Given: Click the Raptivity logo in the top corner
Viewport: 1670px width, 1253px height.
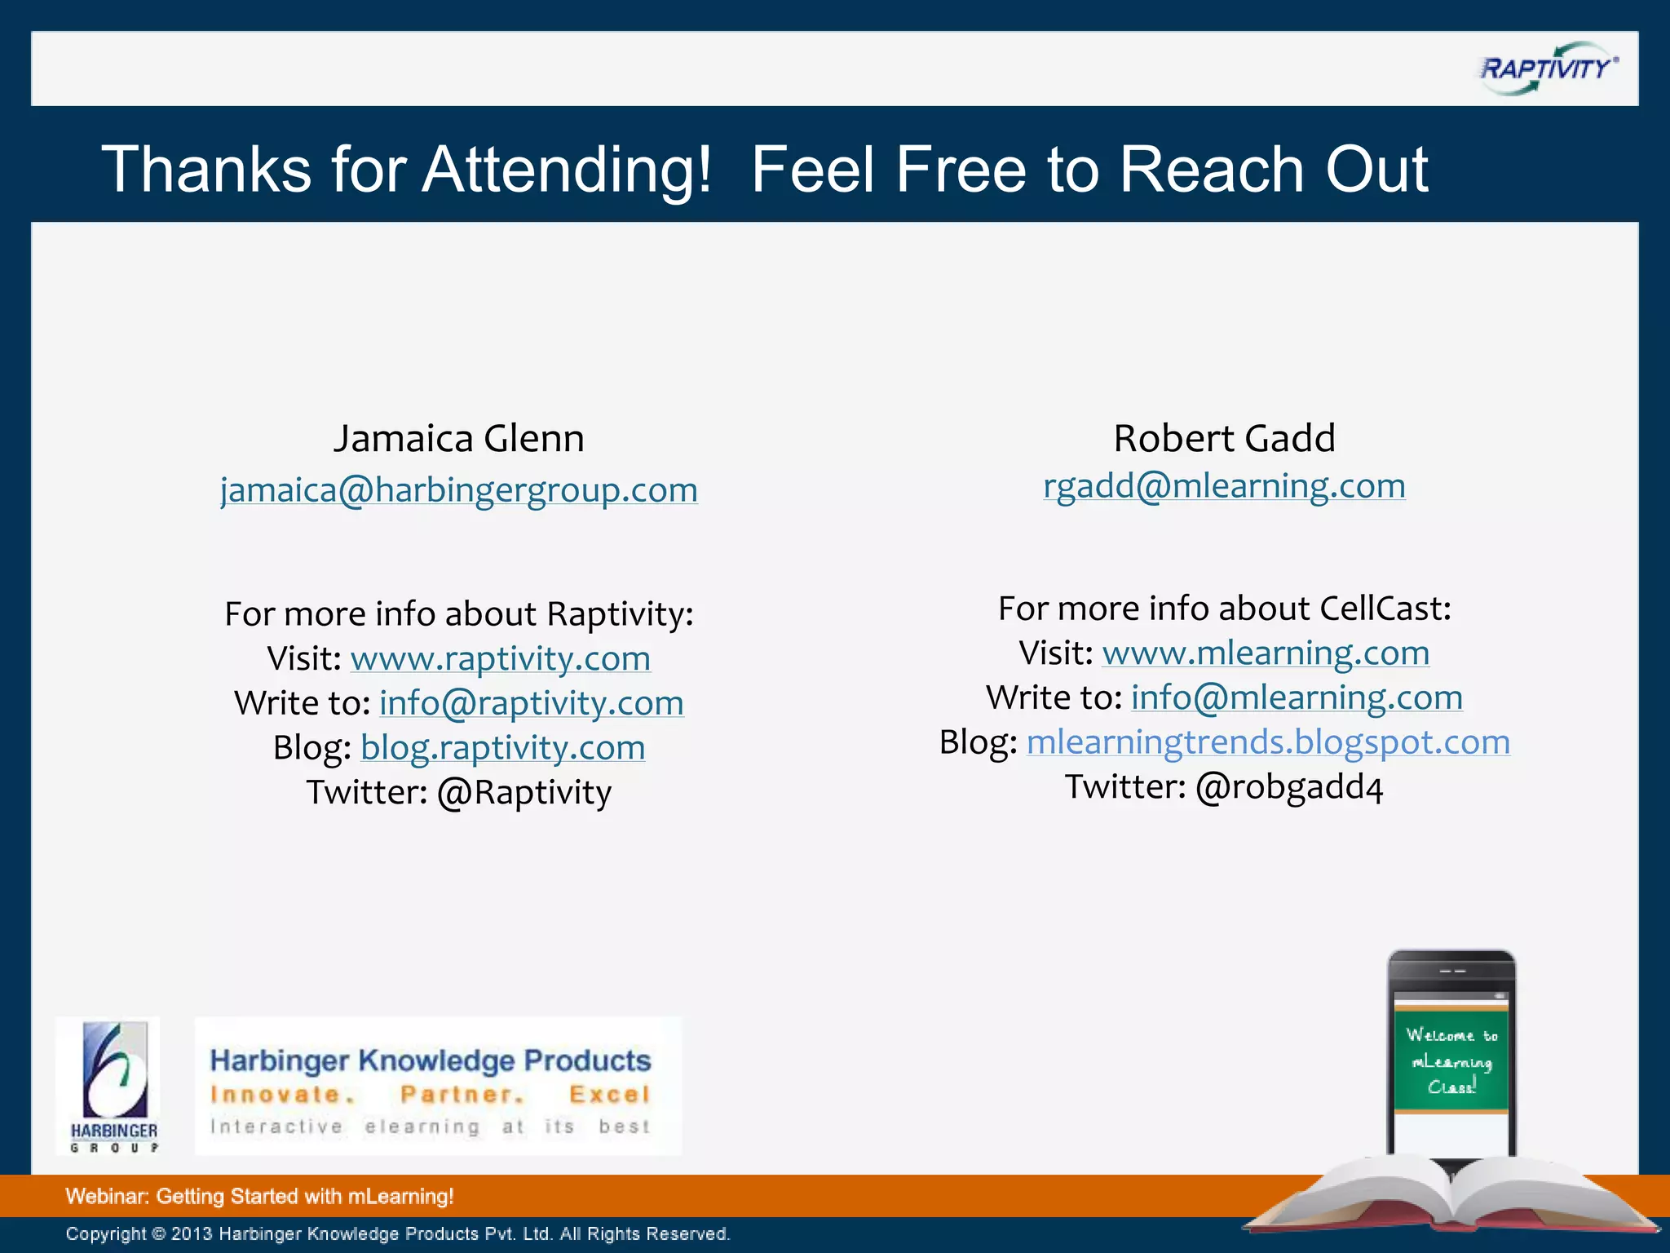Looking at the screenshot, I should pyautogui.click(x=1547, y=69).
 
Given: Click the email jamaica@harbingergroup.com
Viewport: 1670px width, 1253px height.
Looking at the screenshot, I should pyautogui.click(x=459, y=490).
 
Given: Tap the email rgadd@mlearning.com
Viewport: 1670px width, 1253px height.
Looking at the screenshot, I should pyautogui.click(x=1224, y=486).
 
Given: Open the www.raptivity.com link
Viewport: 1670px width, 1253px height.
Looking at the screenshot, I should pyautogui.click(x=501, y=658).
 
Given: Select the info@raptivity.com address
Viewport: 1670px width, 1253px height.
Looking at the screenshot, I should pyautogui.click(x=532, y=703).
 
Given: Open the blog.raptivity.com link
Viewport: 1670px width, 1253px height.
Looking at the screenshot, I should pyautogui.click(x=503, y=748).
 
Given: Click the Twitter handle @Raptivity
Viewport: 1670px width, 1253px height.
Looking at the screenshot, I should pyautogui.click(x=524, y=793).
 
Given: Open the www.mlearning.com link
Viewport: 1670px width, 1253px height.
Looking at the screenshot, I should pyautogui.click(x=1266, y=653).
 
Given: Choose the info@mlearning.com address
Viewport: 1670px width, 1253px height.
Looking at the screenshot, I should pyautogui.click(x=1297, y=698).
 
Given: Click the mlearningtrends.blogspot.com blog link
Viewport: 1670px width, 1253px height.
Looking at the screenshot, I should pyautogui.click(x=1268, y=742).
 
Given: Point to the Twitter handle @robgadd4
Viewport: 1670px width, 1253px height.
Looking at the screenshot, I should pyautogui.click(x=1289, y=788).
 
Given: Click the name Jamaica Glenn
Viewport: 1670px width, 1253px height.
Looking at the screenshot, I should pyautogui.click(x=459, y=439).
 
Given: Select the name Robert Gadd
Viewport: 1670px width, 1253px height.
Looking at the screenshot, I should pyautogui.click(x=1224, y=439).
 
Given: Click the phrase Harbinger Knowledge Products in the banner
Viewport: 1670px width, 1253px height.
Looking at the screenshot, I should pyautogui.click(x=431, y=1060).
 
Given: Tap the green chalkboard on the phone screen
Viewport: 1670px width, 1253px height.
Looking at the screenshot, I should pyautogui.click(x=1451, y=1060).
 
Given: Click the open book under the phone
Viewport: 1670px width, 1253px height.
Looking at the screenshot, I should pyautogui.click(x=1451, y=1199).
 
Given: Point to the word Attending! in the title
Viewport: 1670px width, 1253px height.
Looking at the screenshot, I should pyautogui.click(x=567, y=170).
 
